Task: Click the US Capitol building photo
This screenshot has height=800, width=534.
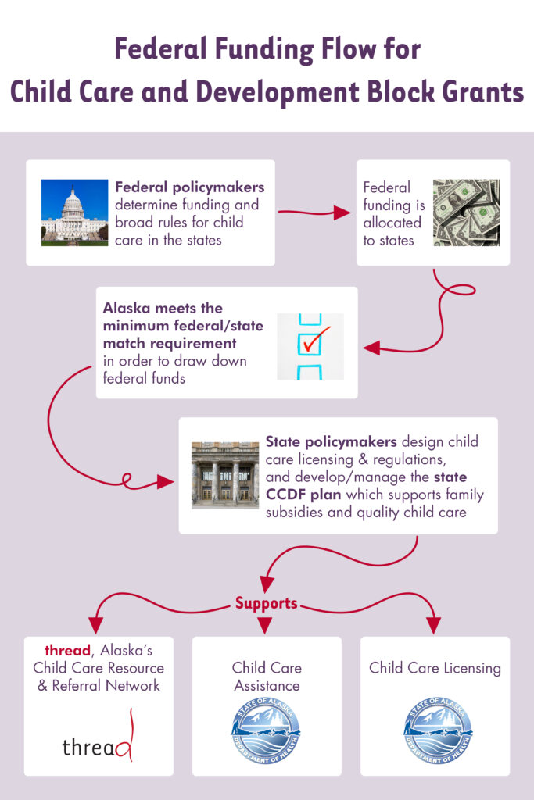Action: click(x=74, y=212)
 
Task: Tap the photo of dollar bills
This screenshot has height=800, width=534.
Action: click(x=467, y=212)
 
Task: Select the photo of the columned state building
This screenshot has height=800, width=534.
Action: click(x=225, y=475)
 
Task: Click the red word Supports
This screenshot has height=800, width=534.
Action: click(x=266, y=603)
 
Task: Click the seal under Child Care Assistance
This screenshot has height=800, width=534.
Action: click(x=266, y=730)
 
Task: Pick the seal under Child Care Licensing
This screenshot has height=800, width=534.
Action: click(x=438, y=730)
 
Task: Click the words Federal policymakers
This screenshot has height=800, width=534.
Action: click(x=189, y=187)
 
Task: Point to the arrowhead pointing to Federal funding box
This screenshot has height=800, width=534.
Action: click(x=342, y=212)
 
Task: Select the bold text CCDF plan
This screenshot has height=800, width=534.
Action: click(x=303, y=495)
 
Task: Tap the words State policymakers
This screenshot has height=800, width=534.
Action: click(x=331, y=442)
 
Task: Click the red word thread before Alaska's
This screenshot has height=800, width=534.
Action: click(x=67, y=651)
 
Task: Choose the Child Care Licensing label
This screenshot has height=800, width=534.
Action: click(x=435, y=668)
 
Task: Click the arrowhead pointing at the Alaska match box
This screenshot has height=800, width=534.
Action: click(x=371, y=348)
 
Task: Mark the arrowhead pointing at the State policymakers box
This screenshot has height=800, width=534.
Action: click(x=166, y=481)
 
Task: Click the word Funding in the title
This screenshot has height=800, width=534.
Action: click(x=263, y=50)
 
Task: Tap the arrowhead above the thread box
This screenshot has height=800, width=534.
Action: click(x=95, y=626)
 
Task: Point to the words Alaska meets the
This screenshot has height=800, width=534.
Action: click(x=163, y=308)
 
